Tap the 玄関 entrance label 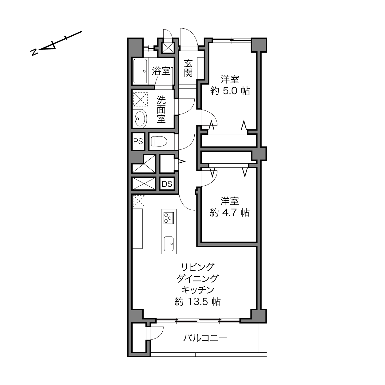point(189,68)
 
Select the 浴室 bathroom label point(161,71)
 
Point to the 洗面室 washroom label point(161,109)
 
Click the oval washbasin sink point(141,118)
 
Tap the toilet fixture point(159,141)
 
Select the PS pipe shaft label point(138,141)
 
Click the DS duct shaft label point(167,184)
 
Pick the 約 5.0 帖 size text point(230,91)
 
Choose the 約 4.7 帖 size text point(230,212)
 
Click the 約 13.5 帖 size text point(198,302)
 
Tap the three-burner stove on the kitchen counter point(169,218)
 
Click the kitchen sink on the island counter point(169,244)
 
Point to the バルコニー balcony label point(205,338)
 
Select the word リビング point(198,267)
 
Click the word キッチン point(198,290)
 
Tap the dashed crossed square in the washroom point(141,99)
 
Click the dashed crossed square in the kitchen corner point(139,201)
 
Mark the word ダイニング point(198,279)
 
